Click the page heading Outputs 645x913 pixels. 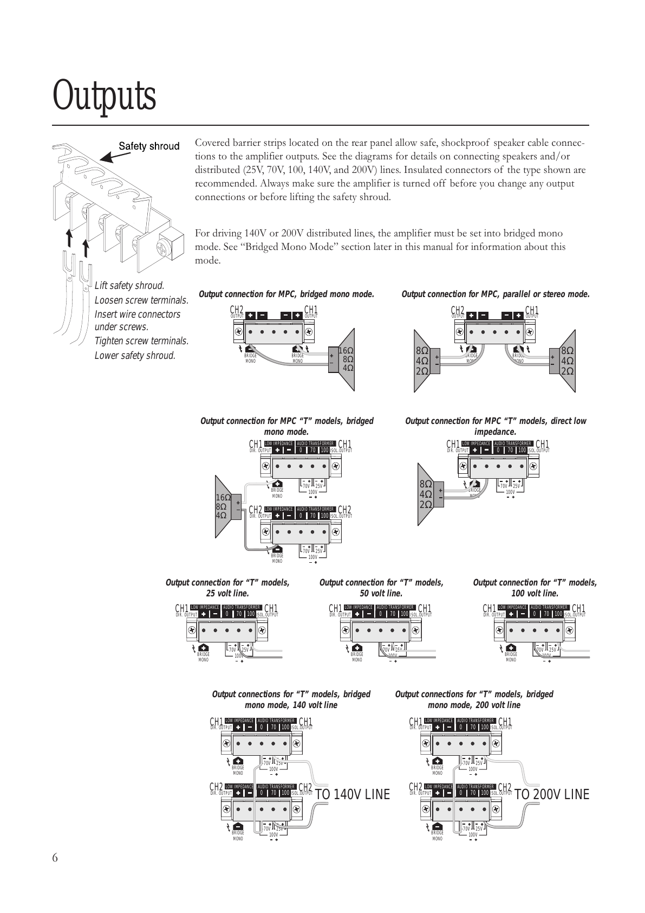point(105,97)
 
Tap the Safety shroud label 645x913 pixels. point(149,146)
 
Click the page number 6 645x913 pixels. point(55,857)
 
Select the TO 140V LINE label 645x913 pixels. point(352,794)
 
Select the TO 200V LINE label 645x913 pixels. point(551,794)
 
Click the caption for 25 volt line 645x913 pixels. point(227,588)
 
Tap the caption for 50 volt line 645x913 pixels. point(381,588)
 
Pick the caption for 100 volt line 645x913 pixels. point(535,588)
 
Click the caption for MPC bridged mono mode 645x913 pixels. point(286,294)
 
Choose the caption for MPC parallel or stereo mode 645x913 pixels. point(496,294)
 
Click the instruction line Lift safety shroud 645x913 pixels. point(129,286)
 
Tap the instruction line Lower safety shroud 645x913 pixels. point(135,356)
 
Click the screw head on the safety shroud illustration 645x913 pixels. point(162,249)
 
